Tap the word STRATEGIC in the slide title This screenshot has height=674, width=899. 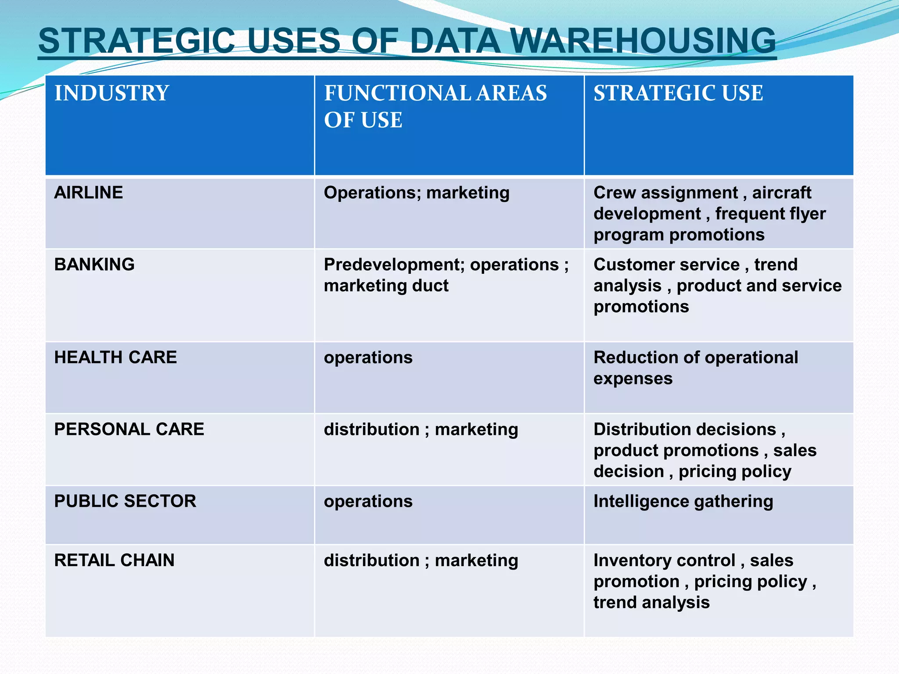point(137,41)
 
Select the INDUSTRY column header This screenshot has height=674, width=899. point(111,93)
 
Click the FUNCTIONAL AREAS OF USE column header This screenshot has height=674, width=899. point(435,106)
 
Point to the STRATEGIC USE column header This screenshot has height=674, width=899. point(678,93)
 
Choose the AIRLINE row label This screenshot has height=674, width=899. point(89,193)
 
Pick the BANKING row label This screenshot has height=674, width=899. point(94,265)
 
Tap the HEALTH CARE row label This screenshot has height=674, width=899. point(115,358)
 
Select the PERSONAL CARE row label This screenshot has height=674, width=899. point(129,429)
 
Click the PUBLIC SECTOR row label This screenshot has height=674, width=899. point(125,501)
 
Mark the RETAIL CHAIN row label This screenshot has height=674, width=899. point(114,560)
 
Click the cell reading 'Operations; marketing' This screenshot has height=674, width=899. point(417,193)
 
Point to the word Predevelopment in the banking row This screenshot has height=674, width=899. point(393,265)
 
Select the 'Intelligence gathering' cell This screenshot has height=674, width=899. point(683,502)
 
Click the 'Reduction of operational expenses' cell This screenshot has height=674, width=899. point(695,368)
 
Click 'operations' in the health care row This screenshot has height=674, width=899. point(368,358)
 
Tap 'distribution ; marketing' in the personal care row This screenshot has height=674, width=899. point(421,430)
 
